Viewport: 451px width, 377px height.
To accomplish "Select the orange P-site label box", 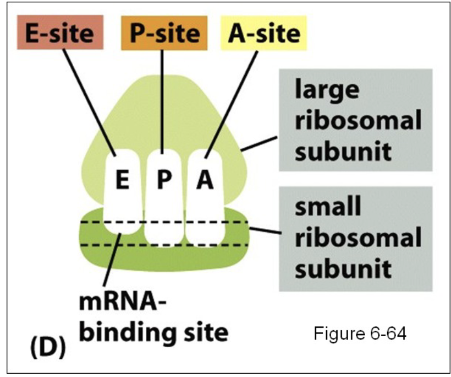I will pyautogui.click(x=164, y=34).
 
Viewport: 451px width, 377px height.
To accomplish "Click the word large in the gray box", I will pyautogui.click(x=327, y=90).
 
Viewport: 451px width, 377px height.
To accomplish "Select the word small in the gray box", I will pyautogui.click(x=328, y=208).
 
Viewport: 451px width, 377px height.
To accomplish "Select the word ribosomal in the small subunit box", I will pyautogui.click(x=358, y=239).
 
